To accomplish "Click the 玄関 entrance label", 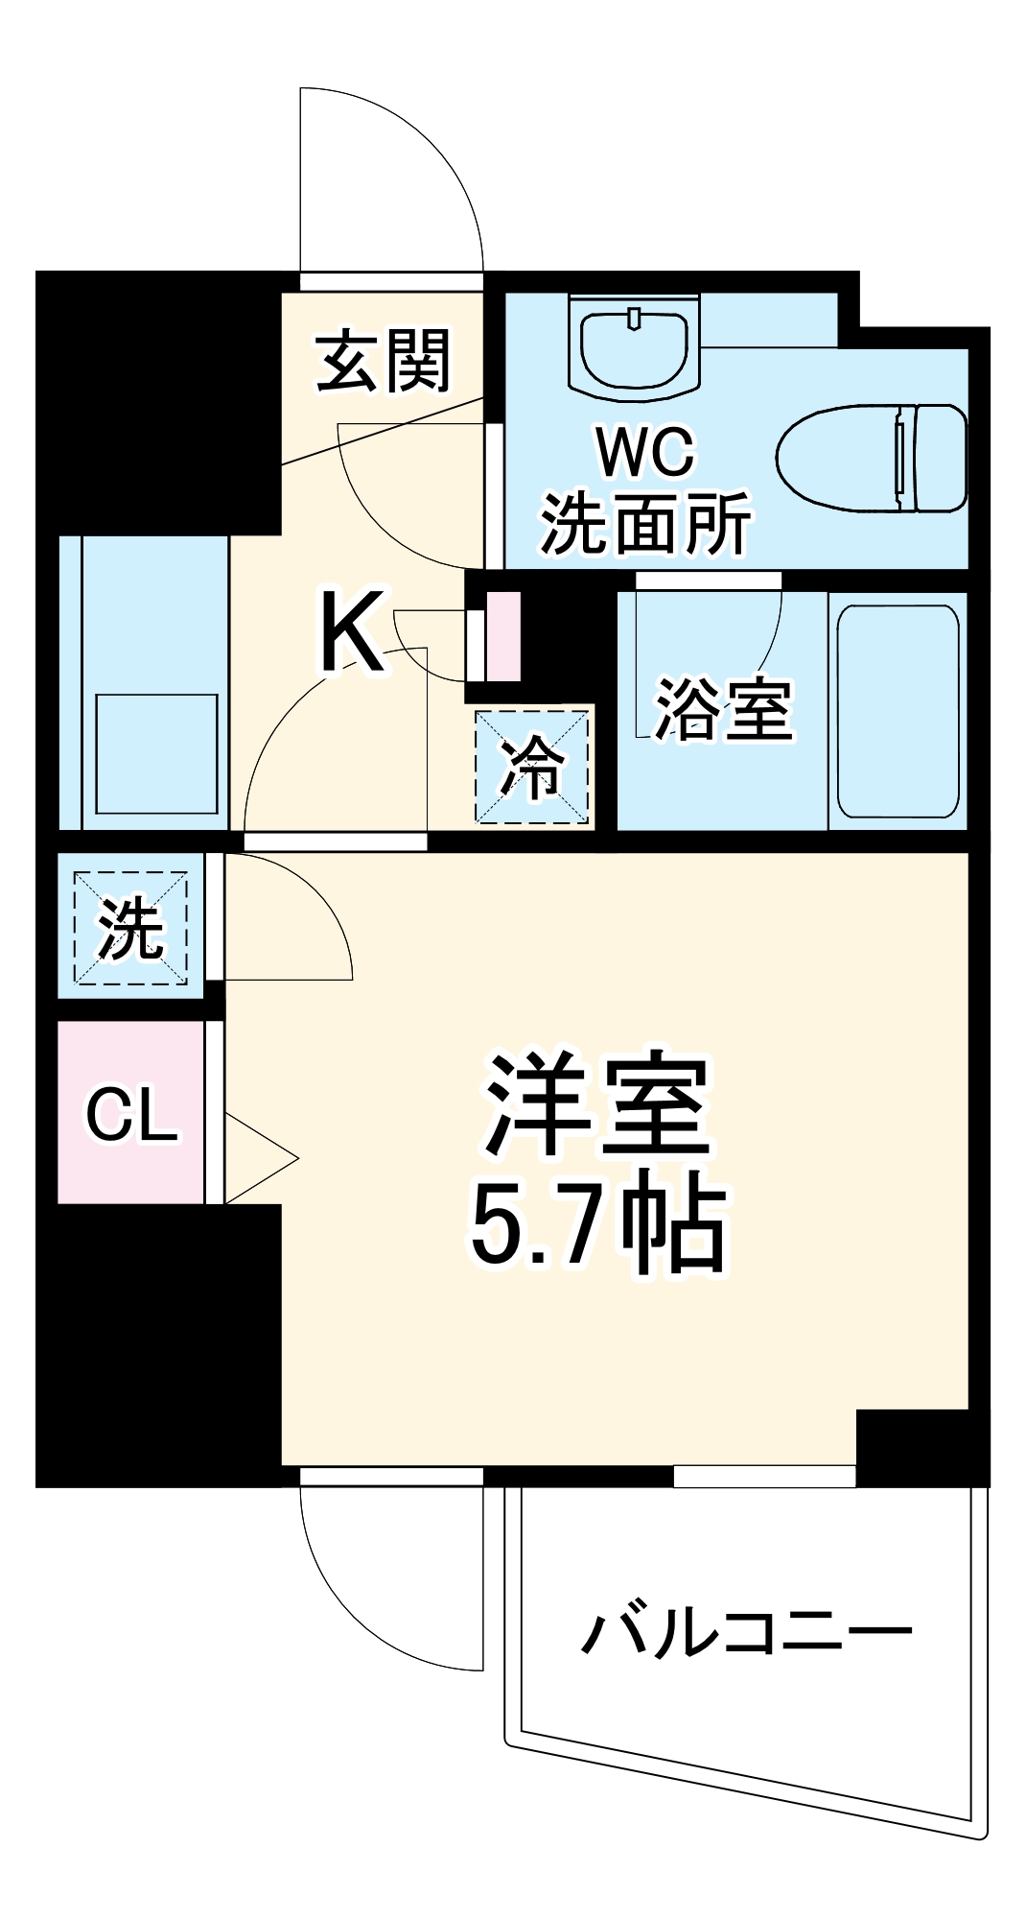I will [383, 362].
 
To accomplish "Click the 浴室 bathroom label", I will [723, 710].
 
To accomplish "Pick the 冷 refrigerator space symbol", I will [532, 766].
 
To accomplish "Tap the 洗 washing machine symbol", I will [130, 928].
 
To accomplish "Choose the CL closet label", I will [131, 1114].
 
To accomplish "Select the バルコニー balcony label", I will [747, 1632].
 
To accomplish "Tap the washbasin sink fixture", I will [634, 344].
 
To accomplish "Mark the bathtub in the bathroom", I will [898, 710].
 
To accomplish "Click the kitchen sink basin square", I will [156, 754].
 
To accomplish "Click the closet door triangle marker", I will [259, 1158].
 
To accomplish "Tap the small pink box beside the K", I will [503, 636].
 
